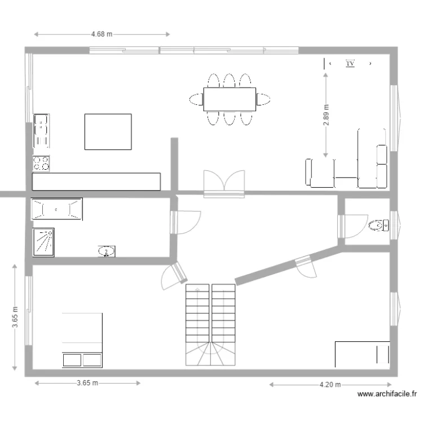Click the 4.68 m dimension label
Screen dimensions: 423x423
(102, 34)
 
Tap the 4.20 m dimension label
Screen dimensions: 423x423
(330, 385)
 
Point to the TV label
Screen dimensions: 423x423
(350, 64)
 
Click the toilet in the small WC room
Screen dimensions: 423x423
(378, 226)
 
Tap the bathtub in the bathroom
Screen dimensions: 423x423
(56, 209)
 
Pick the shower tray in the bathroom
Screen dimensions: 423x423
(44, 242)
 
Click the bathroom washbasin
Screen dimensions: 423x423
(106, 251)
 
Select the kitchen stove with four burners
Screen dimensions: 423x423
(41, 164)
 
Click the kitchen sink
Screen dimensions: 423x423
(41, 130)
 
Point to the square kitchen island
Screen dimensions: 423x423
(108, 132)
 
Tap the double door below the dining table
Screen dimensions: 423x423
(224, 183)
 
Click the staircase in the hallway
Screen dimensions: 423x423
(210, 324)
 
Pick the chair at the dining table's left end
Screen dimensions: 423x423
(196, 100)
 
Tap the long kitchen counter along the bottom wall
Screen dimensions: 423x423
(96, 181)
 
